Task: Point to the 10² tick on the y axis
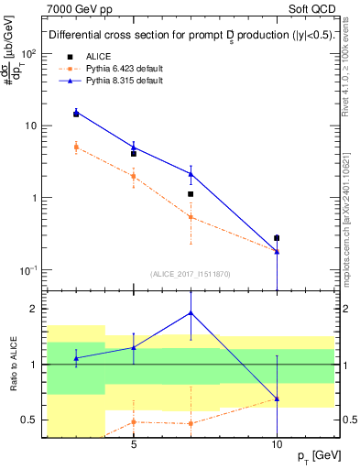click(30, 53)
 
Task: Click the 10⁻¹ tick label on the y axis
click(30, 270)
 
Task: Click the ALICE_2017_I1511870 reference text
click(191, 273)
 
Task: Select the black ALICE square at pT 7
click(191, 194)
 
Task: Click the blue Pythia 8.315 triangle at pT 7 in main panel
click(191, 173)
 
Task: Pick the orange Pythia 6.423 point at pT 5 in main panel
click(134, 176)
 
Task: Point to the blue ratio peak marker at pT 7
click(191, 312)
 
